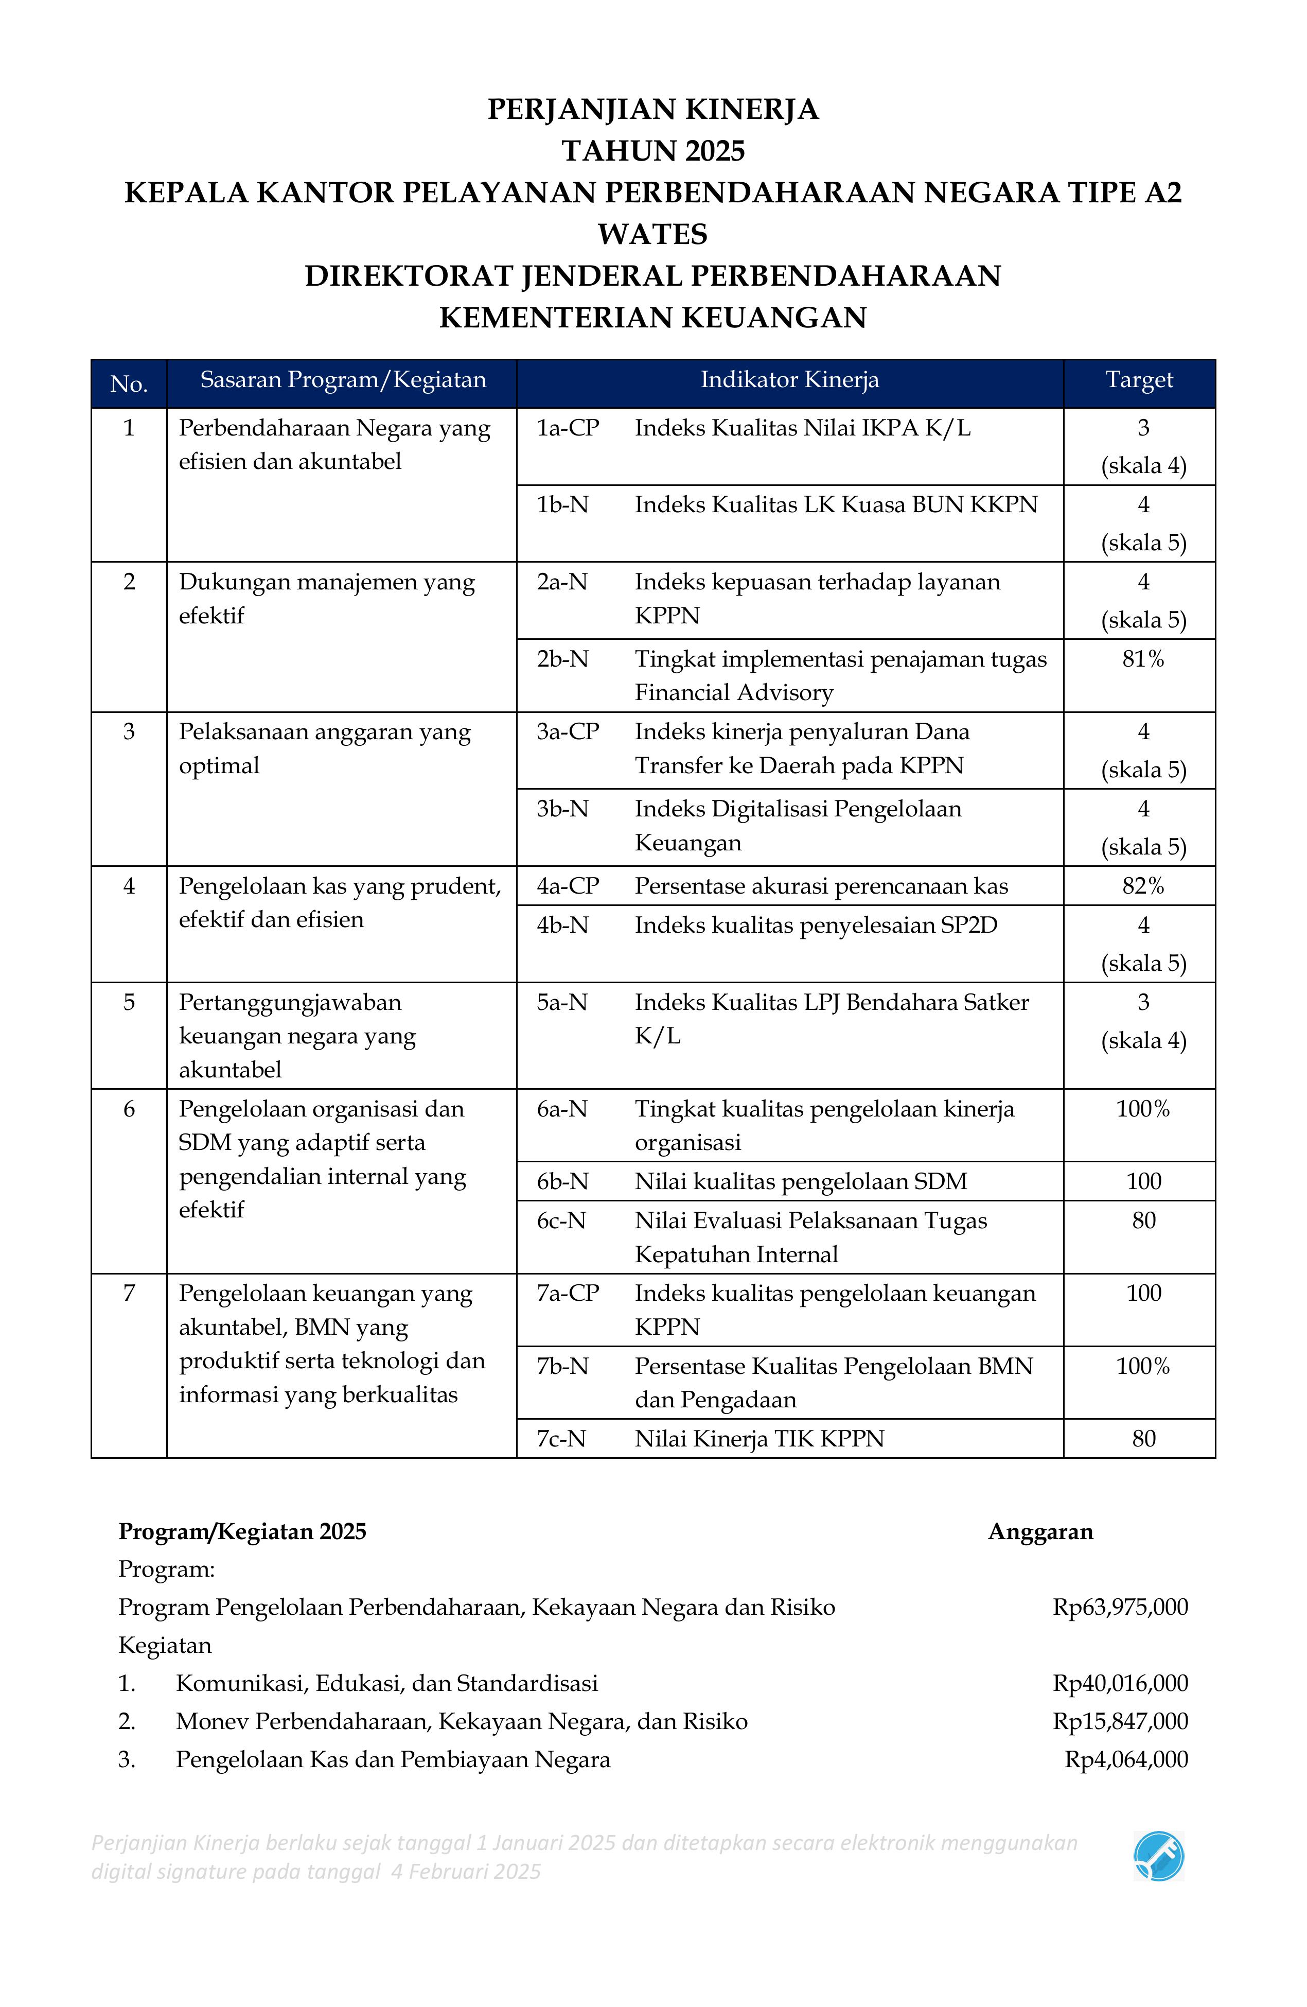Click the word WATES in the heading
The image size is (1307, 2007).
pos(652,234)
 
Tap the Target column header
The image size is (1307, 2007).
pos(1139,380)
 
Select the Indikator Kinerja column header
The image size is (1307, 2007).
pos(789,380)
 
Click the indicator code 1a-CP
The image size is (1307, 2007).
pos(568,428)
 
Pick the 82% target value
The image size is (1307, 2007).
pos(1142,886)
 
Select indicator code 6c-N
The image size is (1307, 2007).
pos(561,1221)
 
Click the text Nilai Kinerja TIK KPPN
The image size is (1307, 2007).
pos(759,1439)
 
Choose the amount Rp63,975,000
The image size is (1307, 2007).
pos(1120,1607)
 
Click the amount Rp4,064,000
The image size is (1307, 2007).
pos(1126,1759)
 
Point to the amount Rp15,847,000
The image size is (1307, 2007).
pos(1120,1721)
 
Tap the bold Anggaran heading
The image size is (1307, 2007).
pos(1040,1531)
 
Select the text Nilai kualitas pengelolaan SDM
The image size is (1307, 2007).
pos(800,1181)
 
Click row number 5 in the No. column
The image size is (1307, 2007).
pos(129,1003)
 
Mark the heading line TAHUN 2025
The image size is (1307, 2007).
pos(652,151)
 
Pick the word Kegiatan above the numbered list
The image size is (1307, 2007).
pos(165,1645)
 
